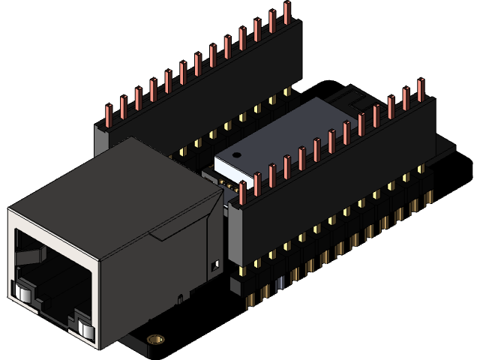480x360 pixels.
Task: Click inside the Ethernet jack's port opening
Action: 52,277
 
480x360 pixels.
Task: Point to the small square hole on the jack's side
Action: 216,265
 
